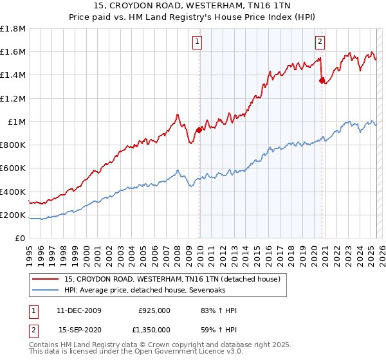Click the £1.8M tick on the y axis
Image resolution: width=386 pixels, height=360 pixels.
(x=14, y=29)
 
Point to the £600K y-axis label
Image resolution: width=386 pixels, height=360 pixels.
(x=14, y=168)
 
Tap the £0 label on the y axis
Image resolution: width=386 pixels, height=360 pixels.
(x=21, y=239)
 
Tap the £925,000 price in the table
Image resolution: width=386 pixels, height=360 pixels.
(x=154, y=311)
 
